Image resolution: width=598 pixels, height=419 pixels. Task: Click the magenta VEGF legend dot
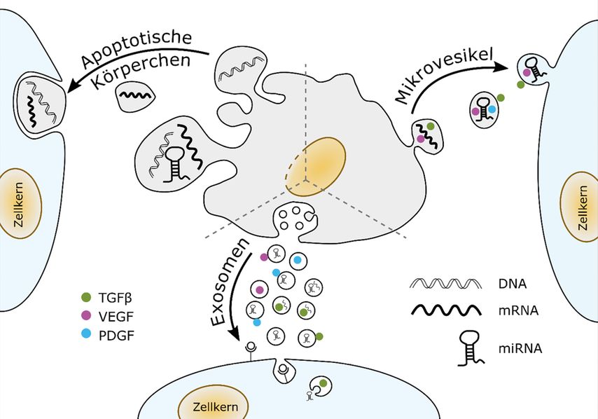86,315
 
